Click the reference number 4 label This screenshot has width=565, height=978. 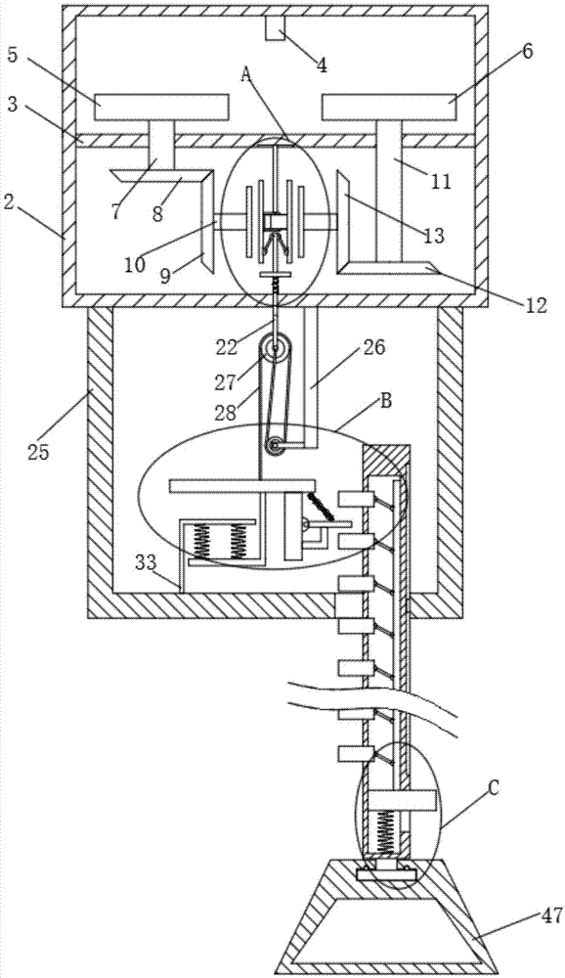click(322, 66)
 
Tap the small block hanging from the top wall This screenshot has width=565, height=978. click(275, 28)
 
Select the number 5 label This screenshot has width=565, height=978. click(14, 54)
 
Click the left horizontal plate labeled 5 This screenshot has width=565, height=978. click(161, 107)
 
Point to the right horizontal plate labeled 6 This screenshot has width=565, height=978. click(389, 107)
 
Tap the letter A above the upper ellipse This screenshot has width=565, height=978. click(245, 76)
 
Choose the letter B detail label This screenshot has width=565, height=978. click(385, 401)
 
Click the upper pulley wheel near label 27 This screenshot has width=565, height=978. click(277, 347)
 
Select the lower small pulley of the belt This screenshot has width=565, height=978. click(273, 446)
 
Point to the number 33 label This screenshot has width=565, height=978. click(148, 564)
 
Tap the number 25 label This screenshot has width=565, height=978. click(39, 452)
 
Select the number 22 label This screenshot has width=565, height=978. click(227, 347)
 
